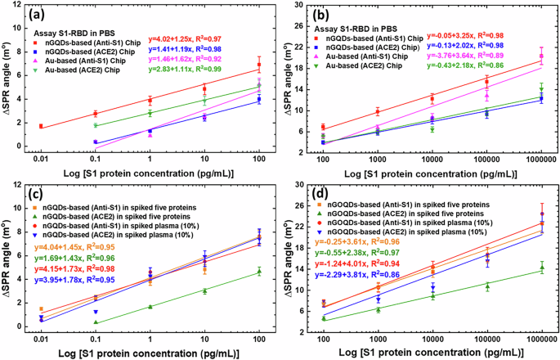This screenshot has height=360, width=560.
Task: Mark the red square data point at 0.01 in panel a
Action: tap(41, 126)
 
